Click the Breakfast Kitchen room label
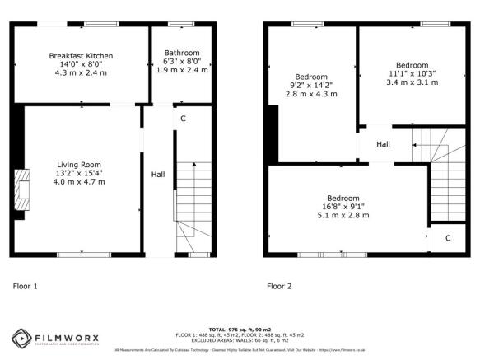point(81,55)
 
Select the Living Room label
point(79,163)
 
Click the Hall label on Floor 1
point(156,175)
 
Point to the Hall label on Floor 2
point(383,144)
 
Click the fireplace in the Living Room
point(21,187)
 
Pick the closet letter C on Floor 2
point(448,238)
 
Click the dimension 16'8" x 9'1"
point(343,207)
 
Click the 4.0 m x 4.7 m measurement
point(79,181)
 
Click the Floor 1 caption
point(26,287)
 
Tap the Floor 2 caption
point(279,287)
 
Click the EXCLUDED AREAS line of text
point(240,339)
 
